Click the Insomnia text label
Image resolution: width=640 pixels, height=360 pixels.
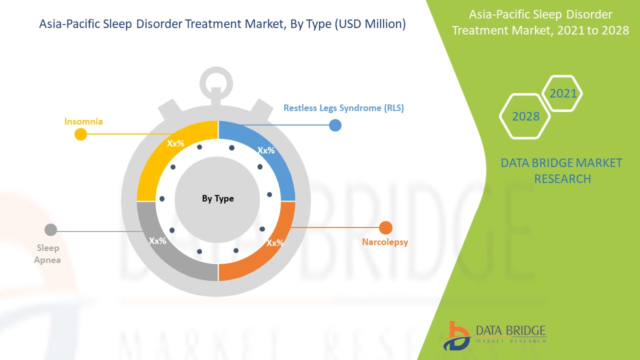pos(83,121)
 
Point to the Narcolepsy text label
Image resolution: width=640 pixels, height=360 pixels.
pos(385,242)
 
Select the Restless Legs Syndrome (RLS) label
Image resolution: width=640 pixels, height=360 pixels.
pos(343,107)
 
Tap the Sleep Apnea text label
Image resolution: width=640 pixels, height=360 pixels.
pos(47,254)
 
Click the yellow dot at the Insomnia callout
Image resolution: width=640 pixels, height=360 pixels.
pos(80,134)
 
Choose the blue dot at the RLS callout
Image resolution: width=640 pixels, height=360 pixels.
pos(335,125)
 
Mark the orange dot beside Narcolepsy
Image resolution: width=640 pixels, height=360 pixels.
pos(385,228)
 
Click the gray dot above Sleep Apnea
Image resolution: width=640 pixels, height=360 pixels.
pos(50,229)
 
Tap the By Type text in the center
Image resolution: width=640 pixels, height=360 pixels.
pos(217,198)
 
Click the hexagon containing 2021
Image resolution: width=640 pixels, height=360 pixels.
pos(562,93)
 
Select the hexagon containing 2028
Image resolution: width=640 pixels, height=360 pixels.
pos(525,116)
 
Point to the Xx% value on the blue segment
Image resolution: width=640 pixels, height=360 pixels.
pos(266,150)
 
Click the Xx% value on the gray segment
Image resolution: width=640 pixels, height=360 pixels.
pos(157,240)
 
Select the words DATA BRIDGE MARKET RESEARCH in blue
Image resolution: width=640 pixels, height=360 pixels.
pos(562,170)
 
